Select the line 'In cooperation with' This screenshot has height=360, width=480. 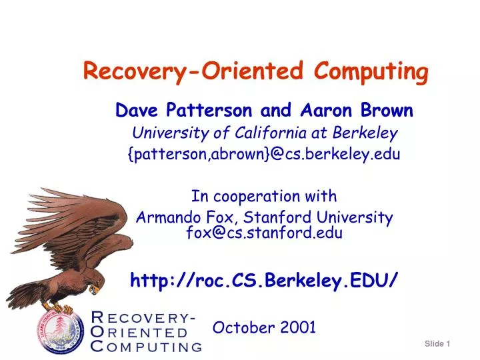click(264, 196)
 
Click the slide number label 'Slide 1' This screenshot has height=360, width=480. click(438, 343)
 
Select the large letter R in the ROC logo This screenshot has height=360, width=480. click(97, 317)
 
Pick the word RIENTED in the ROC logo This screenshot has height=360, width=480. click(147, 332)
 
